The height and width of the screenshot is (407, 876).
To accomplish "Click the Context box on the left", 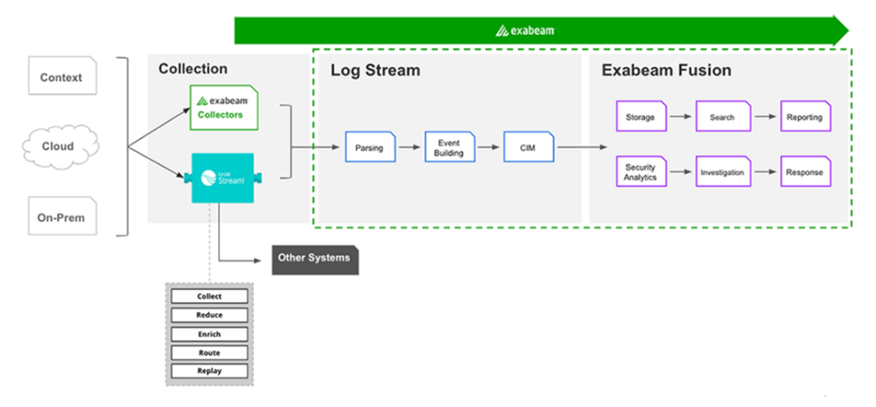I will pyautogui.click(x=62, y=77).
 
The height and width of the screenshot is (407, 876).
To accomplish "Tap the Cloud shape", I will pyautogui.click(x=58, y=146).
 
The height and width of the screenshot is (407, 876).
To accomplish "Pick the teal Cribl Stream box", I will pyautogui.click(x=222, y=178).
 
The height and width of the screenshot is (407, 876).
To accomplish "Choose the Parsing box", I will pyautogui.click(x=370, y=148).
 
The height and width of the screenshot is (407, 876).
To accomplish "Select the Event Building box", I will pyautogui.click(x=450, y=148).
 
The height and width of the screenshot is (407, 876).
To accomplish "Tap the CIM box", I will pyautogui.click(x=528, y=148).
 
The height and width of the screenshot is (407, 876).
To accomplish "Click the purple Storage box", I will pyautogui.click(x=642, y=117).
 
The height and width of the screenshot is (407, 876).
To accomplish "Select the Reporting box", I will pyautogui.click(x=804, y=117).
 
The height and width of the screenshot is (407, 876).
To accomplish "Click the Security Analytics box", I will pyautogui.click(x=642, y=172).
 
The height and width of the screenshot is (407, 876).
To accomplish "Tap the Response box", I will pyautogui.click(x=804, y=172).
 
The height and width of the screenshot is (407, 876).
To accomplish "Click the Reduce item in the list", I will pyautogui.click(x=210, y=316).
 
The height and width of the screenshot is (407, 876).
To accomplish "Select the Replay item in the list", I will pyautogui.click(x=210, y=371).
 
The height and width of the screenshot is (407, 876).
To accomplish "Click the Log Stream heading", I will pyautogui.click(x=376, y=71).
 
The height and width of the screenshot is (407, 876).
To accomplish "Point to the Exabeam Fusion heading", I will pyautogui.click(x=666, y=71).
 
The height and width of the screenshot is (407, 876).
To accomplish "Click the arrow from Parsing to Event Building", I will pyautogui.click(x=410, y=148).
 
